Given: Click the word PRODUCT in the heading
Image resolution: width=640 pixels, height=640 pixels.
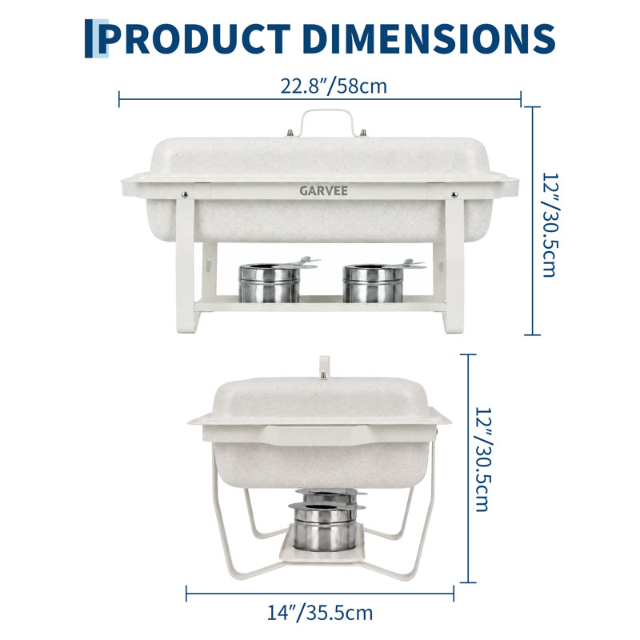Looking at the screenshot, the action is pos(194,38).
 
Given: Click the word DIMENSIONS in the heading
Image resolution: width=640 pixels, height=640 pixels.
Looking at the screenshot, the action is pos(429,38).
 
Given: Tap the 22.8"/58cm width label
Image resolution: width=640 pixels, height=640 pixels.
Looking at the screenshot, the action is pos(334,86).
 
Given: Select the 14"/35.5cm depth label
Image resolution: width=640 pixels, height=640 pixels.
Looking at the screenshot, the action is pos(319,613).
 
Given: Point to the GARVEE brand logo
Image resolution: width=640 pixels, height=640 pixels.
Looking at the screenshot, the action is pos(324,190).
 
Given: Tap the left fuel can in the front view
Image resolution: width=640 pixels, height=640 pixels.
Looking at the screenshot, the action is pos(270,282).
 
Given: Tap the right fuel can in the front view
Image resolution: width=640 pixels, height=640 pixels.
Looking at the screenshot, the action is pos(374,282).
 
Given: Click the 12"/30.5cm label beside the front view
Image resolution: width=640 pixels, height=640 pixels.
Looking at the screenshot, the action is pos(550,225).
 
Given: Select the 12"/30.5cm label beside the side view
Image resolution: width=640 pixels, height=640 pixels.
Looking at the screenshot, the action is pos(484,459).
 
